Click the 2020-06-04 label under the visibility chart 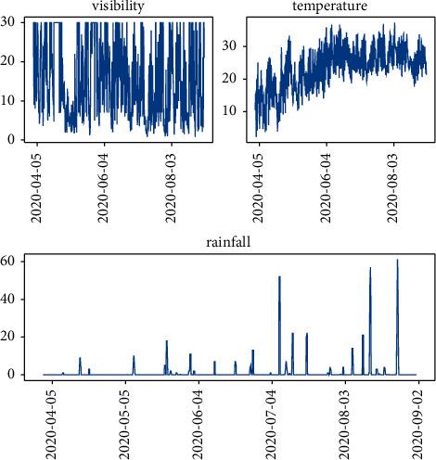[x=105, y=185]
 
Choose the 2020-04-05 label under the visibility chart [x=37, y=185]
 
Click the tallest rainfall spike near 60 [x=398, y=262]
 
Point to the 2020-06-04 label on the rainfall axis [x=199, y=422]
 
